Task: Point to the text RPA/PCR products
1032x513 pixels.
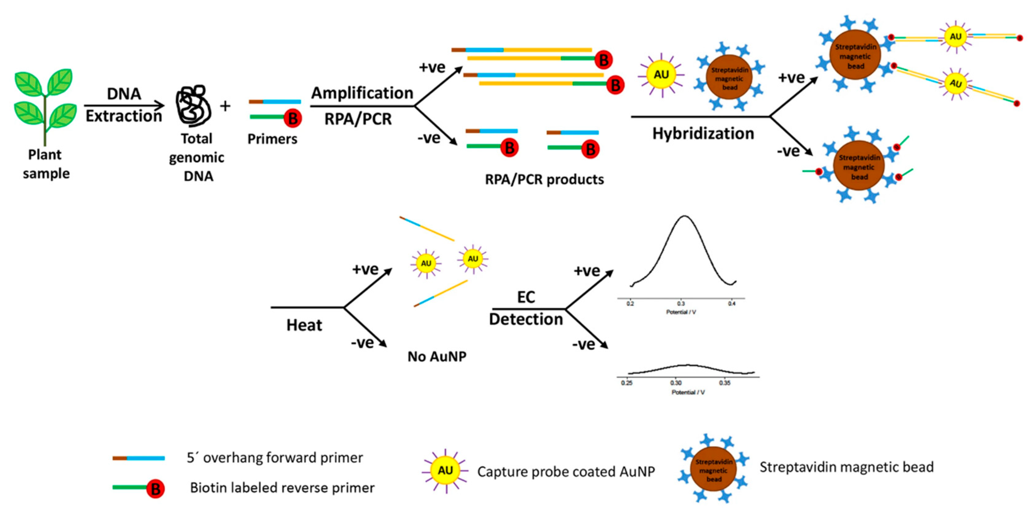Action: point(544,179)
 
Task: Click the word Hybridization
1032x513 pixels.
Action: point(703,133)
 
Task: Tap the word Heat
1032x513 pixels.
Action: point(304,325)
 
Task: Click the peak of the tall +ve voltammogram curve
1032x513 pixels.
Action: point(684,217)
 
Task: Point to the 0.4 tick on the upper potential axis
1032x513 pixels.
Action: point(732,304)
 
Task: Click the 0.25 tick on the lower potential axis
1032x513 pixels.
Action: point(627,383)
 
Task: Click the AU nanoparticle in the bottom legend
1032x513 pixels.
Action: point(445,471)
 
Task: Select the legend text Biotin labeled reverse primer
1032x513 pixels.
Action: point(282,488)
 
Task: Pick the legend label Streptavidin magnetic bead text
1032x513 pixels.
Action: point(847,467)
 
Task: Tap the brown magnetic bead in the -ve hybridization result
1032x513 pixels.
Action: point(859,166)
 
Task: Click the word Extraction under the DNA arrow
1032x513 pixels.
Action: point(124,116)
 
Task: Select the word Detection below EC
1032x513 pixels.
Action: point(526,319)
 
